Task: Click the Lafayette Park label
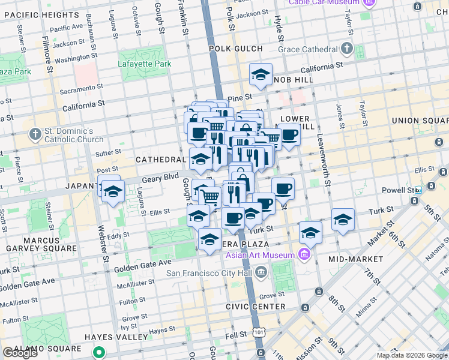tap(144, 64)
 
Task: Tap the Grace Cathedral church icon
tap(347, 49)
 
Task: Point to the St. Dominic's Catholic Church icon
tap(35, 133)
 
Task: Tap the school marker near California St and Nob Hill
tap(261, 74)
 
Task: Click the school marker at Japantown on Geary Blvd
tap(112, 193)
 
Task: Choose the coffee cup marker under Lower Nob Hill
tap(289, 134)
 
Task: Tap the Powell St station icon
tap(418, 190)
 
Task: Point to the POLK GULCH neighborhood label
tap(235, 49)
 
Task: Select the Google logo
tap(19, 353)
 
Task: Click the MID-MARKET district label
tap(356, 259)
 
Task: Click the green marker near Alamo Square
tap(103, 353)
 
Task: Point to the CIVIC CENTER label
tap(255, 307)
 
